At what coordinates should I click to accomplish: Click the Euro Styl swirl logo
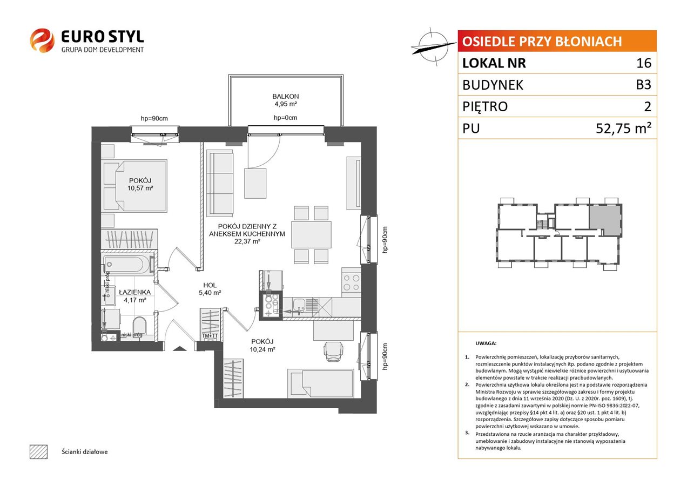42,40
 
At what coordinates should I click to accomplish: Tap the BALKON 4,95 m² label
286,100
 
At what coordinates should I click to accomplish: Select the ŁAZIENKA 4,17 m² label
134,296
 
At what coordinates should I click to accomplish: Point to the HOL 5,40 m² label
210,289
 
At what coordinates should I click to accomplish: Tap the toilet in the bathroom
140,326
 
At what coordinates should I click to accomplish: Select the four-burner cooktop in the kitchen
352,283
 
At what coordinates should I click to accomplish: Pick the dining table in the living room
311,234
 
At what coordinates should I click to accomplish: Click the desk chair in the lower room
333,352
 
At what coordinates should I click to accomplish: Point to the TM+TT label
210,336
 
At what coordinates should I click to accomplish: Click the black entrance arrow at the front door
179,348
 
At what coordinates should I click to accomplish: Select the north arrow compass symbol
433,47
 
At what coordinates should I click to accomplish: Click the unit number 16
644,63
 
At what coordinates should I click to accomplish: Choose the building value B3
643,85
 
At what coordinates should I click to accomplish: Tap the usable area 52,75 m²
623,128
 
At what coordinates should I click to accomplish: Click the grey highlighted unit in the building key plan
604,220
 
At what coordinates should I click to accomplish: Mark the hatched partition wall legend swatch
39,451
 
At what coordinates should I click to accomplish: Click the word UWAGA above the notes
486,343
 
